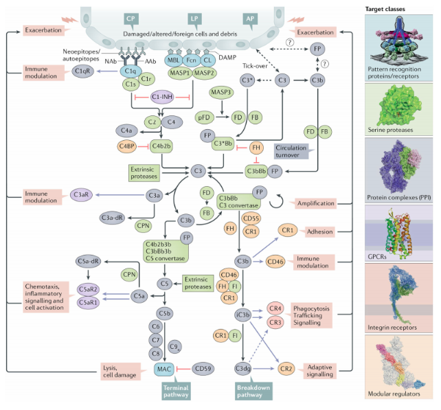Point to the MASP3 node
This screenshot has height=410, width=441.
[221, 91]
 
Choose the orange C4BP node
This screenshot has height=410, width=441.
[126, 146]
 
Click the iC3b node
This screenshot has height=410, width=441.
[242, 315]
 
